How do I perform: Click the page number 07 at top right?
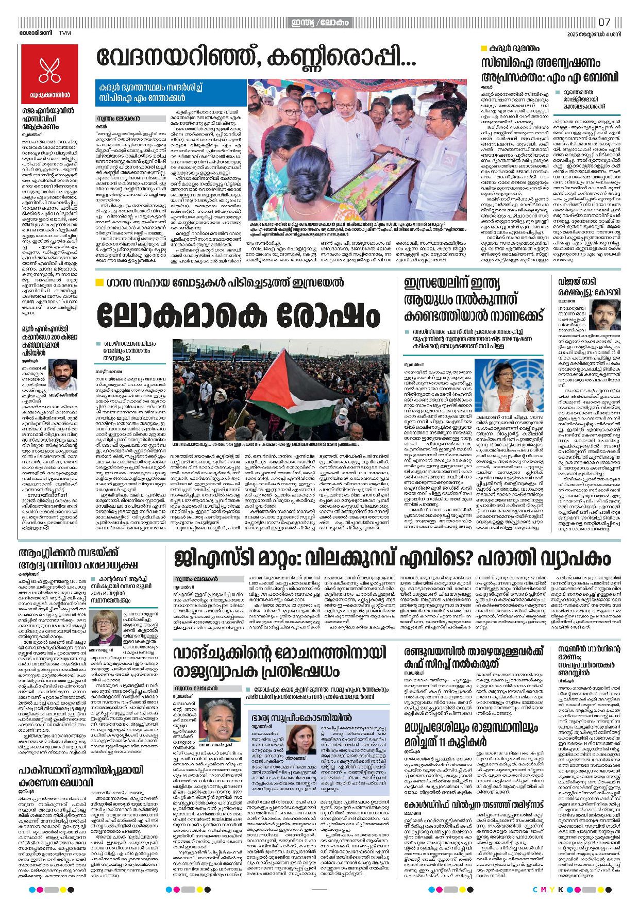pyautogui.click(x=604, y=22)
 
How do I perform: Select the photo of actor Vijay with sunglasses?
pyautogui.click(x=605, y=314)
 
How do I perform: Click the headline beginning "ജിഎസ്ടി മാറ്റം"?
pyautogui.click(x=392, y=559)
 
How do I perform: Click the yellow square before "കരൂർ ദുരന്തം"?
pyautogui.click(x=483, y=48)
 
